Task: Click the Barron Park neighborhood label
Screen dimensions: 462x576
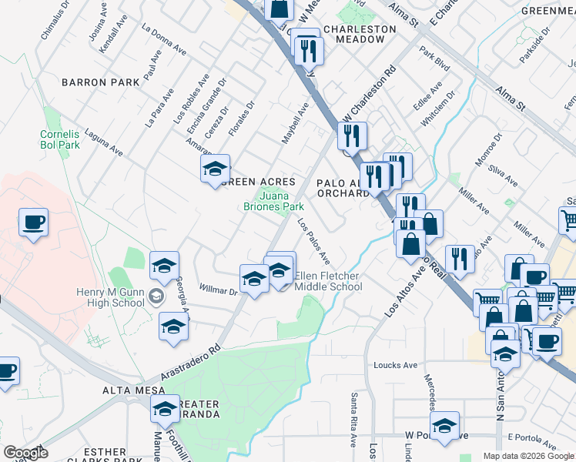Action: [100, 82]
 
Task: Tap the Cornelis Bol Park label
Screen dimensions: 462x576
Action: [59, 139]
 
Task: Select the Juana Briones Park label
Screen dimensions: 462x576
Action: [274, 201]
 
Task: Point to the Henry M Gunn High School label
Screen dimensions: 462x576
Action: [110, 297]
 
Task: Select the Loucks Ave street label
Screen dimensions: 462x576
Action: [394, 365]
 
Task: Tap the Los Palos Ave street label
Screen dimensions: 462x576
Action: [313, 241]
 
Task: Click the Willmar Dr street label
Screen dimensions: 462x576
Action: [219, 292]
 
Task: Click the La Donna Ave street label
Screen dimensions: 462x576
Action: [164, 38]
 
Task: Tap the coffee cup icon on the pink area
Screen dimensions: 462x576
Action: [33, 223]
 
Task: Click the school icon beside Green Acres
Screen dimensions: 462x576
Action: [216, 169]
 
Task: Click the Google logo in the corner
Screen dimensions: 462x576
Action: [25, 453]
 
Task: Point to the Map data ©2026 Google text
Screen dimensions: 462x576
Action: [527, 456]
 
